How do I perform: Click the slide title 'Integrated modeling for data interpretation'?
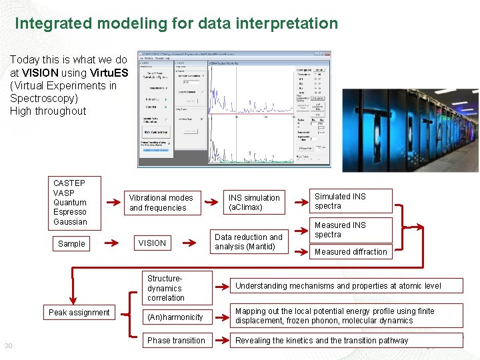click(x=176, y=24)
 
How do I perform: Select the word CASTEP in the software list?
click(x=69, y=183)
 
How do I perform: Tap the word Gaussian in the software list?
click(x=70, y=222)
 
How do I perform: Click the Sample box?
click(x=71, y=244)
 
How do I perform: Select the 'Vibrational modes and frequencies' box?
click(x=161, y=203)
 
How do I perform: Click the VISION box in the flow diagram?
click(x=152, y=243)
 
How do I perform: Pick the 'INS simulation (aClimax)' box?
click(x=254, y=203)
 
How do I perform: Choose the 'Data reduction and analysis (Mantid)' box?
click(x=249, y=242)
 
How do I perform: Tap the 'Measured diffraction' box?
click(x=351, y=252)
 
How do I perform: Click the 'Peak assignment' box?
click(x=79, y=313)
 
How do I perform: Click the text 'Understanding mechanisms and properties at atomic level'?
click(x=338, y=286)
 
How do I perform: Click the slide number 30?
click(x=9, y=345)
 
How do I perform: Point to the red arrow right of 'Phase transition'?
click(x=221, y=341)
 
